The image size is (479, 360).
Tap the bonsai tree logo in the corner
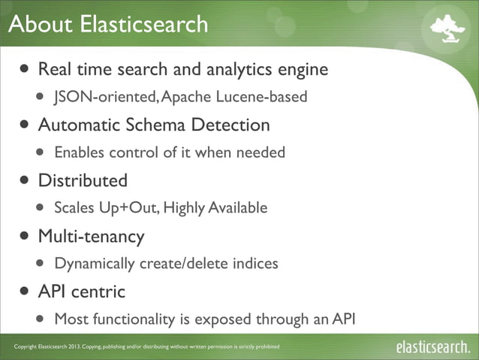447,28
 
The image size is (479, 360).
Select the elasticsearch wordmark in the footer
433,346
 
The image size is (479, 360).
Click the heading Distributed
83,180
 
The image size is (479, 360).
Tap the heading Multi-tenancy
91,236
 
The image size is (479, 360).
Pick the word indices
253,264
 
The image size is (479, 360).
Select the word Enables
80,153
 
